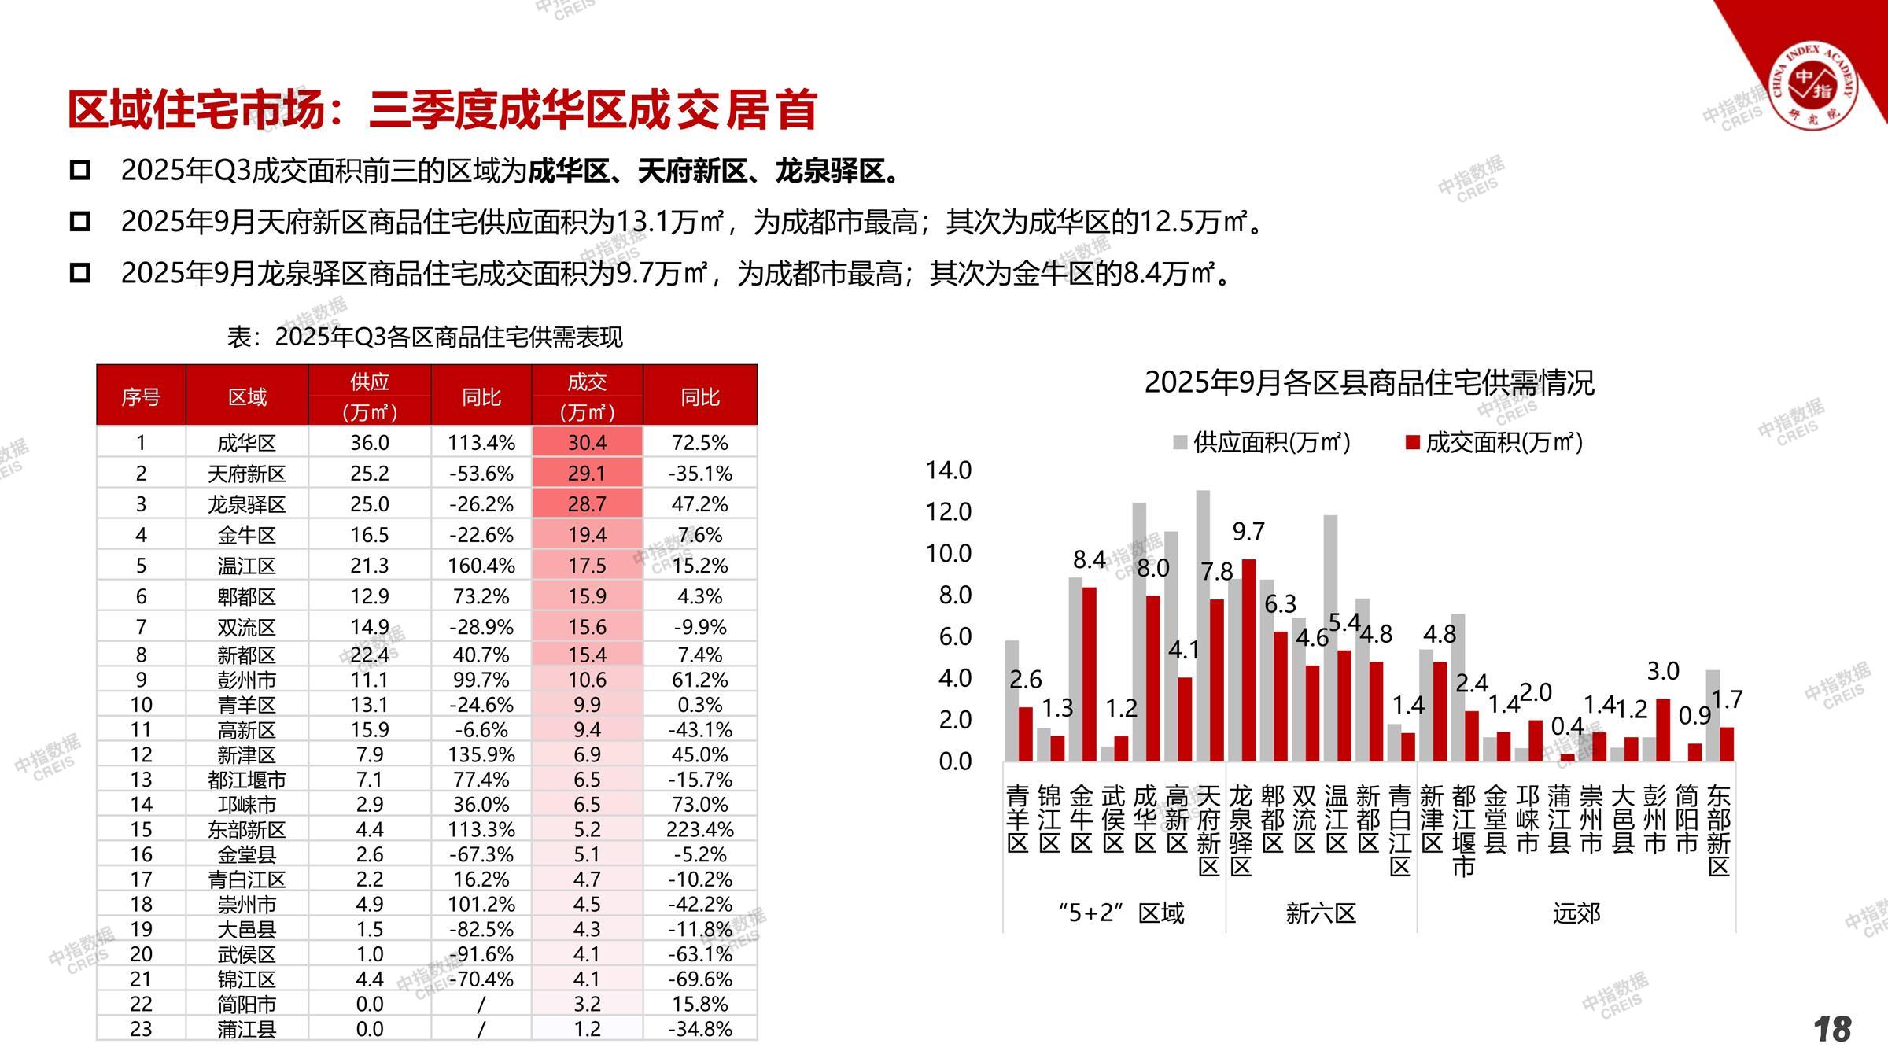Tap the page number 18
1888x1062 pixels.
pyautogui.click(x=1832, y=1029)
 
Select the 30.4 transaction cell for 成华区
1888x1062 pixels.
pyautogui.click(x=587, y=442)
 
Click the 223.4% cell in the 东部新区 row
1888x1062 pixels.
pyautogui.click(x=699, y=829)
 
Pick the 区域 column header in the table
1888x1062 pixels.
pyautogui.click(x=247, y=396)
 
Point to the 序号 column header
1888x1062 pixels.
pyautogui.click(x=141, y=396)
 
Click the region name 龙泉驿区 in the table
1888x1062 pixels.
pyautogui.click(x=246, y=504)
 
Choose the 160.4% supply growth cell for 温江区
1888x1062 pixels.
pyautogui.click(x=481, y=566)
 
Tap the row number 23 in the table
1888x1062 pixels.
pyautogui.click(x=141, y=1029)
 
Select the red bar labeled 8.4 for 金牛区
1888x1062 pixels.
pyautogui.click(x=1089, y=673)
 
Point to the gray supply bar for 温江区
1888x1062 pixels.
pyautogui.click(x=1330, y=637)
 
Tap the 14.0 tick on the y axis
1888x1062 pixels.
pyautogui.click(x=949, y=470)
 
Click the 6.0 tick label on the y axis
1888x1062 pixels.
pyautogui.click(x=954, y=636)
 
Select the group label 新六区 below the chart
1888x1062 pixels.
pyautogui.click(x=1321, y=913)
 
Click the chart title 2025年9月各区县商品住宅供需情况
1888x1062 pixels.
pyautogui.click(x=1369, y=383)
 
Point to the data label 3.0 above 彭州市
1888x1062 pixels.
pyautogui.click(x=1663, y=671)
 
